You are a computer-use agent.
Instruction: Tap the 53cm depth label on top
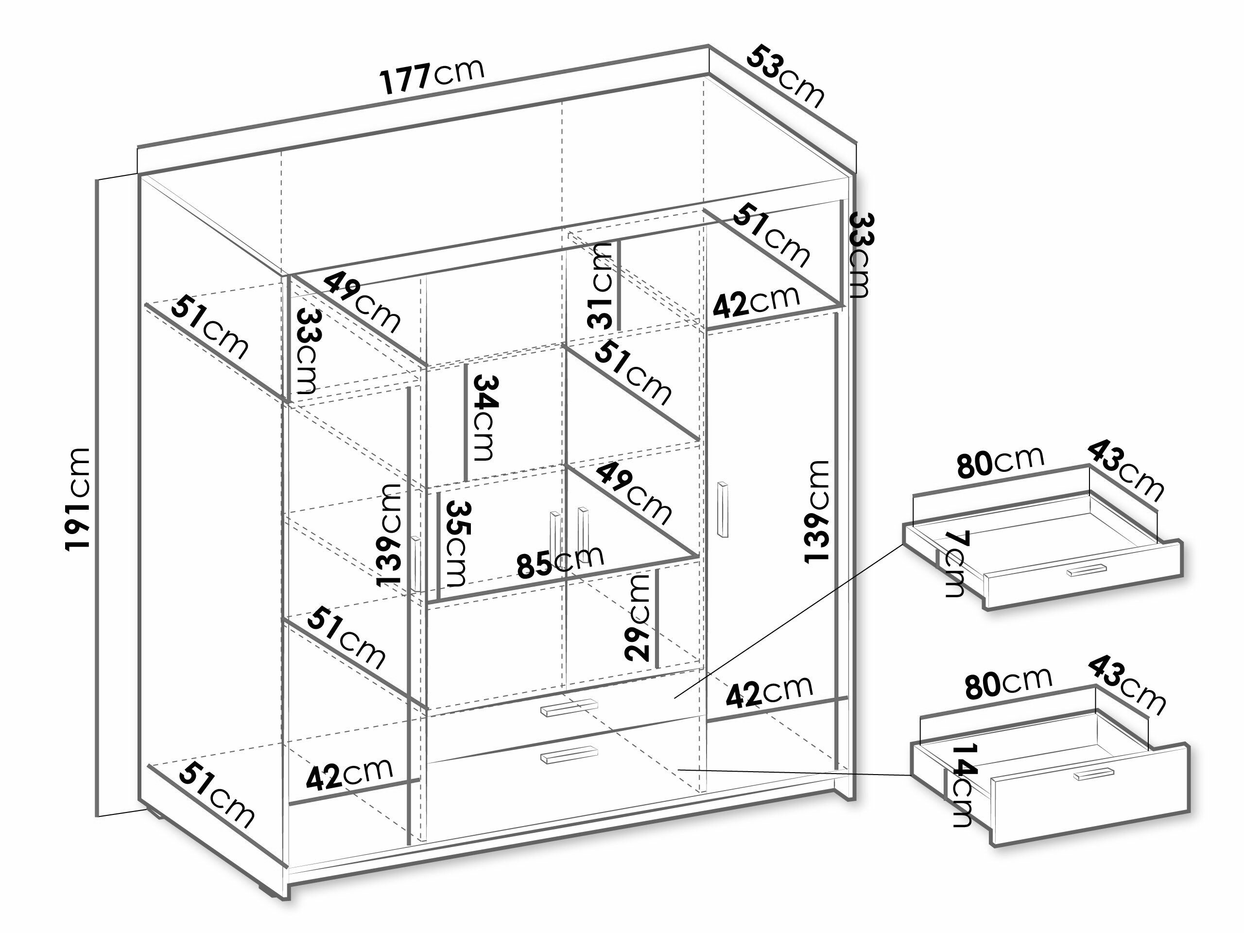[x=786, y=76]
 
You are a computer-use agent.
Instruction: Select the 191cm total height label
[x=78, y=500]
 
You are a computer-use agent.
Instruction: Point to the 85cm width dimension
[x=560, y=561]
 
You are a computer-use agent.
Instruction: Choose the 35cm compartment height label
[x=456, y=543]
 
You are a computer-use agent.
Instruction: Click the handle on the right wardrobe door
[x=723, y=510]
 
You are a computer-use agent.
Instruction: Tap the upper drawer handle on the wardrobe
[x=569, y=708]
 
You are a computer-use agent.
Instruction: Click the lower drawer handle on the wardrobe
[x=569, y=755]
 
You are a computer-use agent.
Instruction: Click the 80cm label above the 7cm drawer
[x=1001, y=463]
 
